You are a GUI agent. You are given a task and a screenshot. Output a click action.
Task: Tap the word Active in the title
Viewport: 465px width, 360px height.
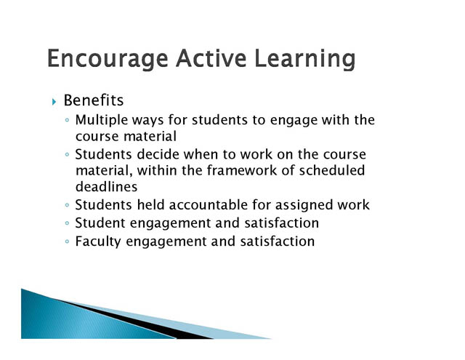tap(211, 58)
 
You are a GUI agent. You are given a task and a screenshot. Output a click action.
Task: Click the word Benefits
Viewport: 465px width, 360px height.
tap(94, 100)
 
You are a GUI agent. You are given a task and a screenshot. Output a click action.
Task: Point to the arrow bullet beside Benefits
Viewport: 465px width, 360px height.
tap(54, 102)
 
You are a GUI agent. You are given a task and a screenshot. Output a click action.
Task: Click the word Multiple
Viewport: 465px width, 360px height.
tap(102, 121)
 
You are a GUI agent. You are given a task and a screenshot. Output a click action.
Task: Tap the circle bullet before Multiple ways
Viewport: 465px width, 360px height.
tap(67, 121)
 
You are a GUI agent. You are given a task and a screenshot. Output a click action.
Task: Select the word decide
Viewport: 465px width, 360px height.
tap(158, 154)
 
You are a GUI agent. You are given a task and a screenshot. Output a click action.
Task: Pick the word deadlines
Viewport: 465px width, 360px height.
tap(107, 187)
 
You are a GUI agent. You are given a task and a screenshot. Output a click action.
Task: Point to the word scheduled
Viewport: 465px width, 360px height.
tap(332, 171)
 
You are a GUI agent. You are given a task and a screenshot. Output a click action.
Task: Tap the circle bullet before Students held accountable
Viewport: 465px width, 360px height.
tap(67, 205)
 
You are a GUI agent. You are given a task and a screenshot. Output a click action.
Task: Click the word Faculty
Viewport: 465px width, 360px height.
tap(98, 242)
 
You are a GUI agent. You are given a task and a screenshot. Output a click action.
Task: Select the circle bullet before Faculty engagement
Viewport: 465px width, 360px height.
tap(67, 241)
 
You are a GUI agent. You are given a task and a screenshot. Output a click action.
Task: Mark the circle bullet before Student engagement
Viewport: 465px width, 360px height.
tap(67, 223)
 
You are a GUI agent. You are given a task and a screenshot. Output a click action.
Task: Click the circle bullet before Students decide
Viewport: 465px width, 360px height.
tap(67, 155)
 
